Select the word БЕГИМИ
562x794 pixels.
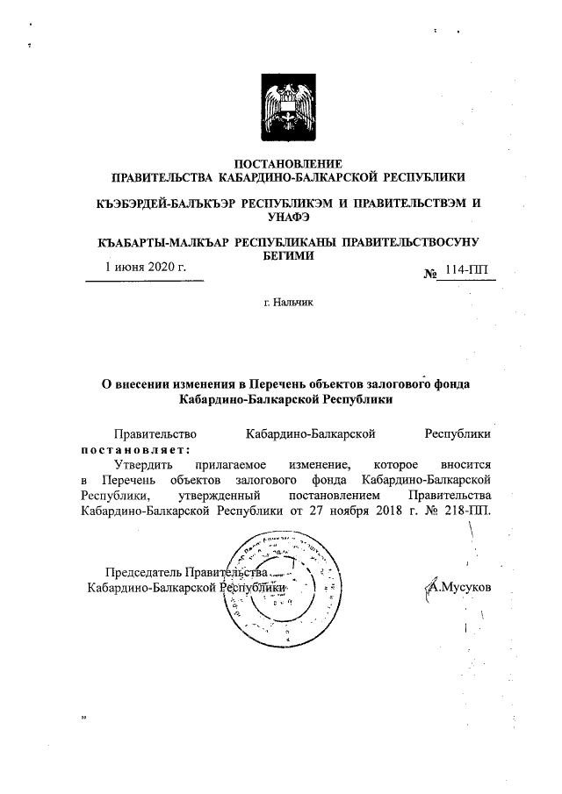coord(287,254)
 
